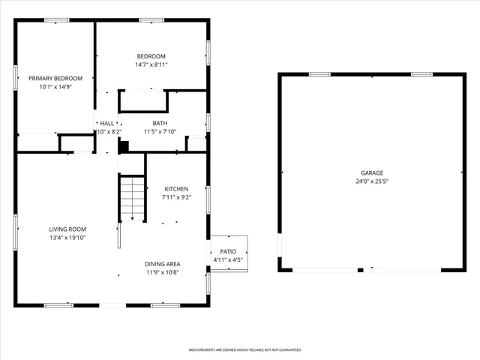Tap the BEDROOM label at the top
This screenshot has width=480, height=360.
point(151,56)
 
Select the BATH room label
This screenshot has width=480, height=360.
point(160,123)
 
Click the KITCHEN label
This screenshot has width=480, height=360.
point(176,189)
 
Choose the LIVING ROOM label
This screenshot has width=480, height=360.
point(67,229)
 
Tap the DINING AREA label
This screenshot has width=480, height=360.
point(162,264)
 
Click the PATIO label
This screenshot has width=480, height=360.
point(227,252)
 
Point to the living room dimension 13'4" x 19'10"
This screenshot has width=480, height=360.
point(67,238)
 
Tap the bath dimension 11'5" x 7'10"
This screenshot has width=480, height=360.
point(160,132)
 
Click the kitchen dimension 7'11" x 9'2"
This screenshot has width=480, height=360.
point(176,198)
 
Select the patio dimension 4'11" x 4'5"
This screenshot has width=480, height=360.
point(227,260)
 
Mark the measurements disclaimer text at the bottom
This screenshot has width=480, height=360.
point(244,350)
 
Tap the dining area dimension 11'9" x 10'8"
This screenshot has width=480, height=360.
point(162,273)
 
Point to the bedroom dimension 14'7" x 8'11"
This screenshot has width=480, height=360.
point(151,65)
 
